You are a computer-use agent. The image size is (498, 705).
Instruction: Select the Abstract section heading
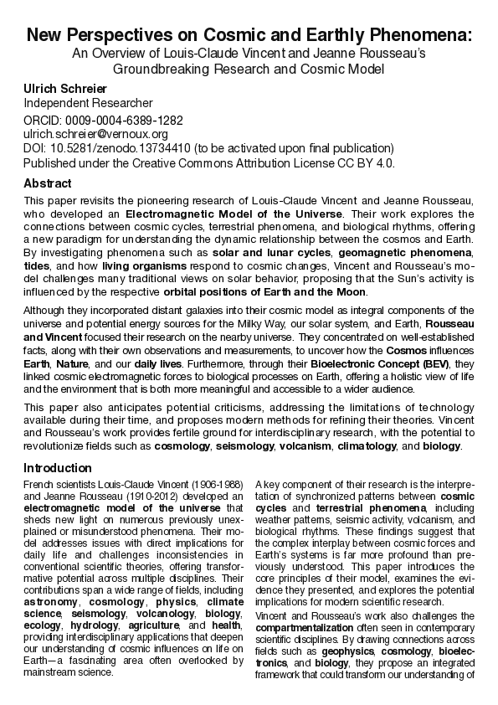point(48,183)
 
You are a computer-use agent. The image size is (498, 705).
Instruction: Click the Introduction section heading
point(58,468)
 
